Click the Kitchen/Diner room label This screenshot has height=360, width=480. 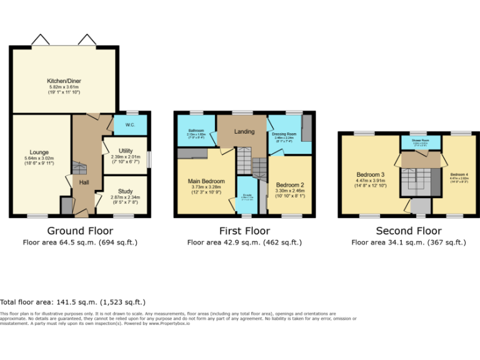tap(65, 81)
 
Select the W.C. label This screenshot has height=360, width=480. tap(129, 125)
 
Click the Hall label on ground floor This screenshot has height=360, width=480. tap(84, 181)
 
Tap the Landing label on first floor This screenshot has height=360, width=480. tap(244, 132)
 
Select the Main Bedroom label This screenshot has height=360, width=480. tap(206, 181)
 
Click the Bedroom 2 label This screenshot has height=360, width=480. tap(289, 184)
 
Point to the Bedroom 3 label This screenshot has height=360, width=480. tap(371, 174)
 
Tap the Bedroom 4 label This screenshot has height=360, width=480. tap(459, 174)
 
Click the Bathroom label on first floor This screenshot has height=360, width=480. tap(196, 129)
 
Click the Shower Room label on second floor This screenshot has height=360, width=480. tap(419, 141)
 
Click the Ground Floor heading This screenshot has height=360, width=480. tap(79, 231)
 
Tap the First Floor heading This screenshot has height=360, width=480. tap(244, 231)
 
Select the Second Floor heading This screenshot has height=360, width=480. tap(409, 231)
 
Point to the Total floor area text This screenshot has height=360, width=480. tap(72, 302)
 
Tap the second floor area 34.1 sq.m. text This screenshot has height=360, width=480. tap(409, 242)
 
